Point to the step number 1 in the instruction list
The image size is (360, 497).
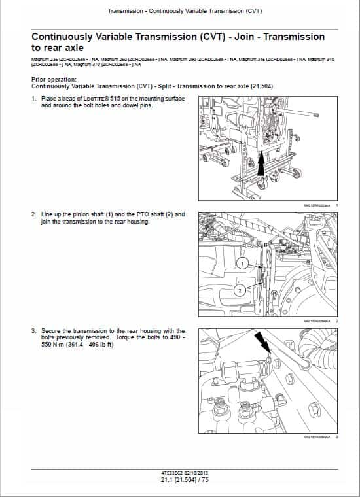click(33, 99)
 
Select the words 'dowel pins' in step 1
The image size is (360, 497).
click(136, 105)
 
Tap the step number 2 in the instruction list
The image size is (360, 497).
click(33, 214)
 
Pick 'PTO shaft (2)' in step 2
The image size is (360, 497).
click(150, 214)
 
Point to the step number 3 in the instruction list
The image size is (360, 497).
click(33, 331)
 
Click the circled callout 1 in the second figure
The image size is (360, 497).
click(242, 263)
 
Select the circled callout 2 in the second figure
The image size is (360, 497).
click(240, 290)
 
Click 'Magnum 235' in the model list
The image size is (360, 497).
click(43, 60)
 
